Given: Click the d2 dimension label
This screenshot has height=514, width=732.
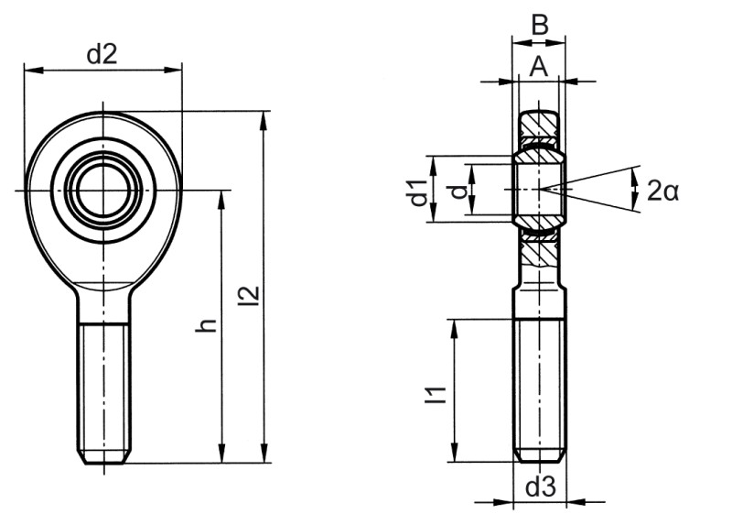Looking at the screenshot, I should click(x=102, y=54).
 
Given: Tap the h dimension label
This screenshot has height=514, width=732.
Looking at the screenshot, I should click(x=209, y=324).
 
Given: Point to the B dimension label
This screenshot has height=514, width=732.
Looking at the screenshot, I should click(x=540, y=25).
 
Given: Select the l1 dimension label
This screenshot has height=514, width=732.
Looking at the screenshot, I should click(x=438, y=394).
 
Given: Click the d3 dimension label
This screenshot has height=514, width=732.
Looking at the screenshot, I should click(x=540, y=487).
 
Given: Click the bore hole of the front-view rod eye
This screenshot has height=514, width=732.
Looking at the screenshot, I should click(x=105, y=190).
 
